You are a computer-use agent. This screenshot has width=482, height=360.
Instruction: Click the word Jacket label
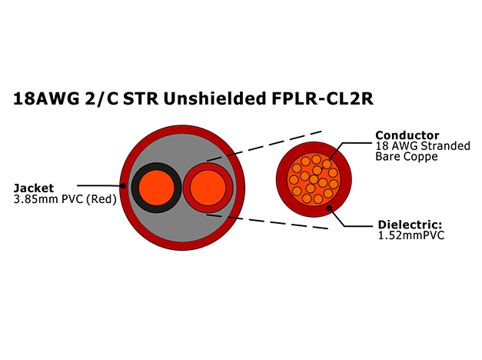pyautogui.click(x=34, y=188)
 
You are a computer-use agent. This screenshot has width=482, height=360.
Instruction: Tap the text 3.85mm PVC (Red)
pyautogui.click(x=65, y=199)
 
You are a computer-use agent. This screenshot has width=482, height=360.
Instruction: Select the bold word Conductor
pyautogui.click(x=407, y=135)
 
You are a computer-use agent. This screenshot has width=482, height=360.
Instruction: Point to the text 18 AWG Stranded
pyautogui.click(x=423, y=146)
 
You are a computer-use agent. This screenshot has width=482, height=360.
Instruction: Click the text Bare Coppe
pyautogui.click(x=407, y=156)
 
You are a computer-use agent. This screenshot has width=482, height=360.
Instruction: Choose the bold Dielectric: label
pyautogui.click(x=410, y=225)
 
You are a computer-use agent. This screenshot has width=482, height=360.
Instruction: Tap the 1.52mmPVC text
pyautogui.click(x=411, y=235)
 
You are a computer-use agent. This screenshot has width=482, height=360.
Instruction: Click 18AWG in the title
pyautogui.click(x=46, y=98)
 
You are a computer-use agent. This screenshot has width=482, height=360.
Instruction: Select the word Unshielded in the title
pyautogui.click(x=215, y=98)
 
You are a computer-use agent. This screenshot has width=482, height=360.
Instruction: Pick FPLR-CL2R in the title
pyautogui.click(x=323, y=98)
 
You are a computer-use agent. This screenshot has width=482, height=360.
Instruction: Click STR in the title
pyautogui.click(x=141, y=98)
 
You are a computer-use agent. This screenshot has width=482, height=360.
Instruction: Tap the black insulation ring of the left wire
pyautogui.click(x=135, y=188)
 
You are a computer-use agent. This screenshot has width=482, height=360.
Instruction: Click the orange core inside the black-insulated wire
pyautogui.click(x=157, y=188)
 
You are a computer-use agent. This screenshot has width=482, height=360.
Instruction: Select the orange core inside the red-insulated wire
pyautogui.click(x=208, y=188)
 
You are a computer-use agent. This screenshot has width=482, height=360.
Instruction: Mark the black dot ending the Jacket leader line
pyautogui.click(x=123, y=186)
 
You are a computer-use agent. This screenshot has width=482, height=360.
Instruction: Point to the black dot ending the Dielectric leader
pyautogui.click(x=329, y=208)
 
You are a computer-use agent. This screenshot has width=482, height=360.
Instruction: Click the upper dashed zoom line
pyautogui.click(x=264, y=146)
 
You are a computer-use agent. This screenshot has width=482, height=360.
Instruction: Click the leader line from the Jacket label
pyautogui.click(x=98, y=185)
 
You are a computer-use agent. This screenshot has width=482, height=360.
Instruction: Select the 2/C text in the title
pyautogui.click(x=101, y=98)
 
